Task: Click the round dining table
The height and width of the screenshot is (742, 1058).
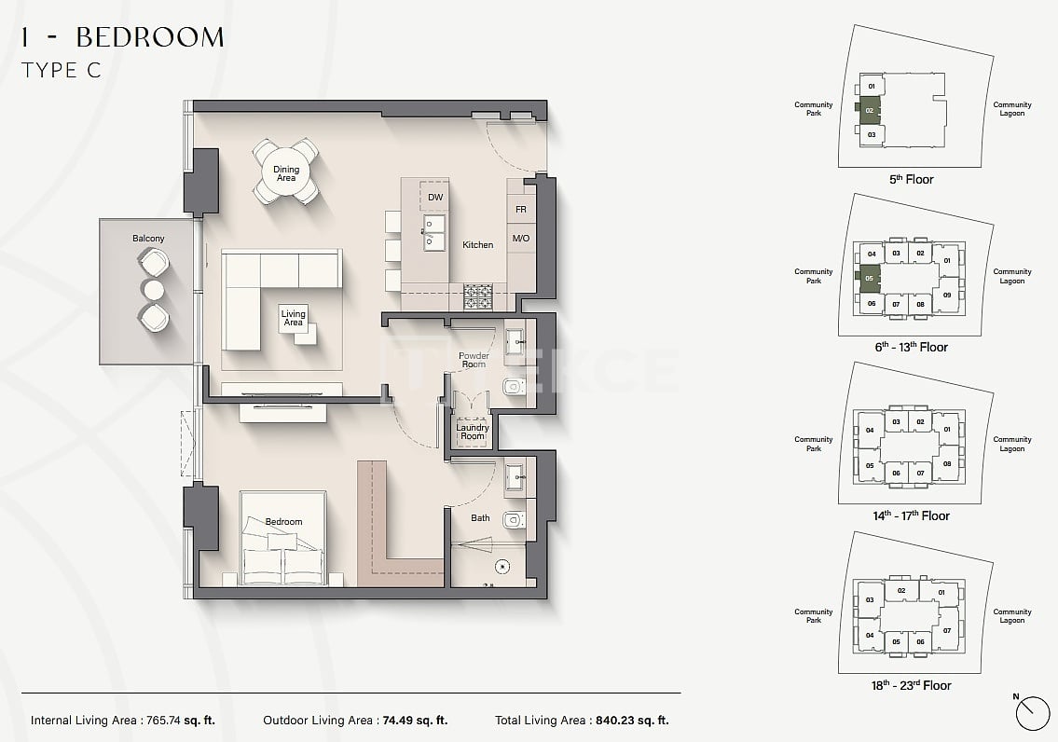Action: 286,172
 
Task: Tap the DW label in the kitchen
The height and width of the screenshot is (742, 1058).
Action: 435,198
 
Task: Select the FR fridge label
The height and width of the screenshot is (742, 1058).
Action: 520,210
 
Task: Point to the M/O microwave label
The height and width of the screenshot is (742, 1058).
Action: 520,239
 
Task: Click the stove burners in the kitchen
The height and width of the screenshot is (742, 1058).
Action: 478,296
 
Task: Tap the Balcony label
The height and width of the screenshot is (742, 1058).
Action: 148,239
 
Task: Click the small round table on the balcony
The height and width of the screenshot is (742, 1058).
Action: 152,288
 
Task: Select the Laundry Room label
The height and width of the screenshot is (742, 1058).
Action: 473,432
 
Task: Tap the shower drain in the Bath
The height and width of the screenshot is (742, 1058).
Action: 502,564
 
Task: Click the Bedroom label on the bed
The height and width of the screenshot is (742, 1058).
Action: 283,522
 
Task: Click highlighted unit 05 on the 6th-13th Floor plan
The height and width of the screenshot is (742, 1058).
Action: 869,278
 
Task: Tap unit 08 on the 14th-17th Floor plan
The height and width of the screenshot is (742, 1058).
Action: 946,463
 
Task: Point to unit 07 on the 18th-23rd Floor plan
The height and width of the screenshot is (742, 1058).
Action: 946,630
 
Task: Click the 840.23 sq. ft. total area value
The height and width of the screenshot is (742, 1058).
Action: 629,721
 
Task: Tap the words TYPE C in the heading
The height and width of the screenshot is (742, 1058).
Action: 61,70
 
